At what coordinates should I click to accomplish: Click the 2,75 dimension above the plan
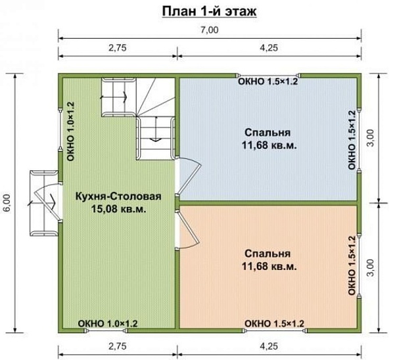(x=116, y=47)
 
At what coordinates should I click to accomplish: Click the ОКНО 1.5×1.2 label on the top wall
(x=268, y=82)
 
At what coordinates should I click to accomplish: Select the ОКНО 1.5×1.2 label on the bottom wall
(x=274, y=323)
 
